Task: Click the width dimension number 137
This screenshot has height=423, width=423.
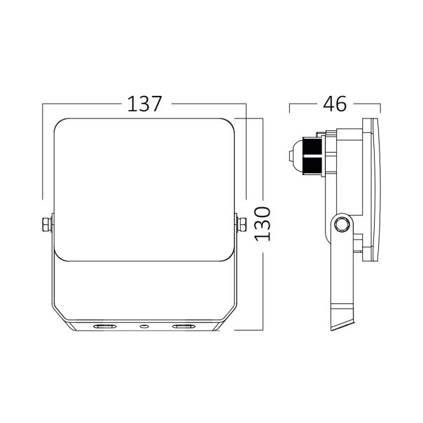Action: pyautogui.click(x=144, y=104)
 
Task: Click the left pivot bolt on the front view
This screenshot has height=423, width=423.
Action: pyautogui.click(x=46, y=224)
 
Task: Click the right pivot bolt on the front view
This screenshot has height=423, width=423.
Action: pyautogui.click(x=242, y=224)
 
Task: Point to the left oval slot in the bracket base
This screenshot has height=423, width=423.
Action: pyautogui.click(x=106, y=326)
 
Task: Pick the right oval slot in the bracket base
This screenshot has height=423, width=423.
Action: pyautogui.click(x=183, y=326)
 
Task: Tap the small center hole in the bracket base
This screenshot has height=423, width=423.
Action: pyautogui.click(x=144, y=326)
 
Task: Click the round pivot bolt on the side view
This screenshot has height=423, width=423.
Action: pyautogui.click(x=342, y=224)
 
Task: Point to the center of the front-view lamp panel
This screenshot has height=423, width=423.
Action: pyautogui.click(x=144, y=189)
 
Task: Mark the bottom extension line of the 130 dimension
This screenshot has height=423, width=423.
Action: pyautogui.click(x=248, y=329)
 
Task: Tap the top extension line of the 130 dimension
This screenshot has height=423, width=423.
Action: pyautogui.click(x=248, y=119)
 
